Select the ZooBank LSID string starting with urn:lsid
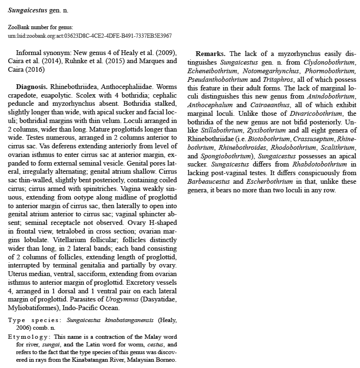point(90,36)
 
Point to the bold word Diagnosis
point(32,87)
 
